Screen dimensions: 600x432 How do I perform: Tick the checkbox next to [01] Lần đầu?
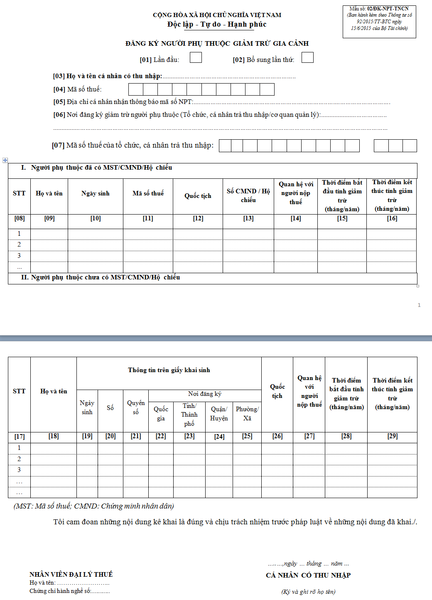click(x=196, y=57)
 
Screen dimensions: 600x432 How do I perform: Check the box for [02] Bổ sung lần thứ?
click(x=307, y=57)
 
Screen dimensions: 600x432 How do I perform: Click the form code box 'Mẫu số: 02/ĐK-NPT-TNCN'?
click(x=379, y=22)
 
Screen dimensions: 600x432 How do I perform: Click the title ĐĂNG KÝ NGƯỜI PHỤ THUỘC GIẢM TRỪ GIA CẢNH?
click(x=217, y=44)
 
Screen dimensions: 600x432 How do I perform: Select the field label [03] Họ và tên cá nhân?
click(x=108, y=76)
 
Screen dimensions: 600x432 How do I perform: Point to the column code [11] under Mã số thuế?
click(x=148, y=219)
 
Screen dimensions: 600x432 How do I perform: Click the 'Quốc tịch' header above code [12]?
click(x=198, y=196)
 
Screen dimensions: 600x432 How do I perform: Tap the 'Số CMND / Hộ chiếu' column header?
click(x=248, y=195)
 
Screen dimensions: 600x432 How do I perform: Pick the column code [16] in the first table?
click(x=392, y=219)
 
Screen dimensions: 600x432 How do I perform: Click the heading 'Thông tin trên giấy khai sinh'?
click(x=169, y=370)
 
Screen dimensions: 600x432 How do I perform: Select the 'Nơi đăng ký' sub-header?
click(x=205, y=394)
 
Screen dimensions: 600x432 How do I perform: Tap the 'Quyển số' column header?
click(x=136, y=407)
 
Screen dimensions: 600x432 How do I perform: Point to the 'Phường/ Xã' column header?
click(x=247, y=414)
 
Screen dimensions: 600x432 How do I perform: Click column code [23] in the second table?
click(x=189, y=436)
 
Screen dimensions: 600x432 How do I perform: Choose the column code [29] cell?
click(x=392, y=436)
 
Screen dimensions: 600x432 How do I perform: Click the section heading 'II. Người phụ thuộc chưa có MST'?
click(x=101, y=277)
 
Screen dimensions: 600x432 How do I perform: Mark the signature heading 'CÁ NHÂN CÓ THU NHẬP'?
click(x=308, y=575)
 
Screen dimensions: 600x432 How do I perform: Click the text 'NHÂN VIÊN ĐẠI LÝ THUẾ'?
click(x=71, y=575)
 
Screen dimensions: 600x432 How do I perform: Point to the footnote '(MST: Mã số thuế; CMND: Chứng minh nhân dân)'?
click(x=94, y=506)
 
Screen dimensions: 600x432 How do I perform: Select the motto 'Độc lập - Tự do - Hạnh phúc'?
click(x=217, y=25)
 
